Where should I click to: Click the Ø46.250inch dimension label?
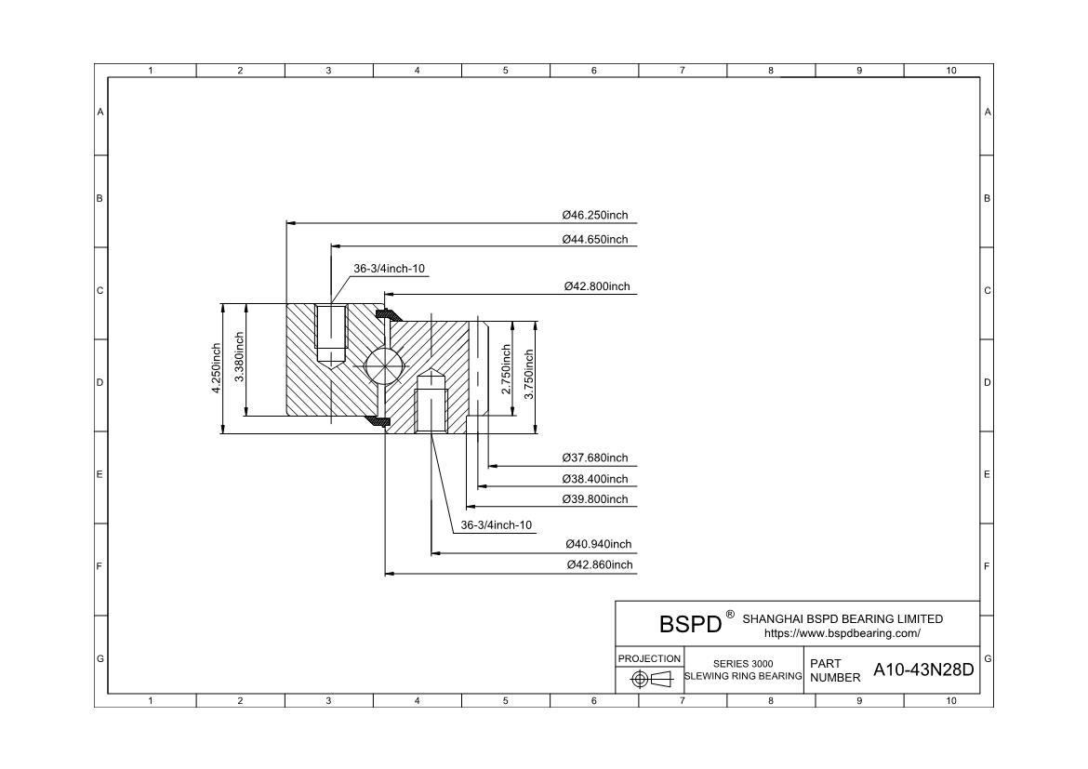click(x=594, y=215)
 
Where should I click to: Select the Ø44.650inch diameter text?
click(x=594, y=240)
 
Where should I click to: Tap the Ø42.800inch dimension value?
click(x=597, y=286)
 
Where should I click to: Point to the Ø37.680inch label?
click(x=594, y=457)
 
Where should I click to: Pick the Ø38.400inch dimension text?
click(x=594, y=479)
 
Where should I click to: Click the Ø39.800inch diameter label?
click(x=594, y=499)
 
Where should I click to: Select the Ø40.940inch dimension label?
click(x=598, y=544)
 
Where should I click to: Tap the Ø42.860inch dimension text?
click(x=600, y=565)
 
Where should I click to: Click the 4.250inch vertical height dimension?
click(x=217, y=368)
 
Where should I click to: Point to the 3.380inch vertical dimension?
click(x=239, y=357)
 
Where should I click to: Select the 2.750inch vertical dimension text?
click(x=506, y=369)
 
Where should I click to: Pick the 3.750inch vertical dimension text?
click(x=529, y=374)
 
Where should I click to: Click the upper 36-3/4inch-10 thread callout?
click(x=390, y=269)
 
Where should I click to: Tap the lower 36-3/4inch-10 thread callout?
click(x=497, y=525)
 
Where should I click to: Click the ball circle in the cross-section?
click(x=384, y=363)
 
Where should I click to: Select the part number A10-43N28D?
click(x=923, y=670)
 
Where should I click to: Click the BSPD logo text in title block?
click(x=690, y=624)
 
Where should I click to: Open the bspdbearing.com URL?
click(x=843, y=633)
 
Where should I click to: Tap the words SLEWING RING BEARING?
click(x=743, y=676)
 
